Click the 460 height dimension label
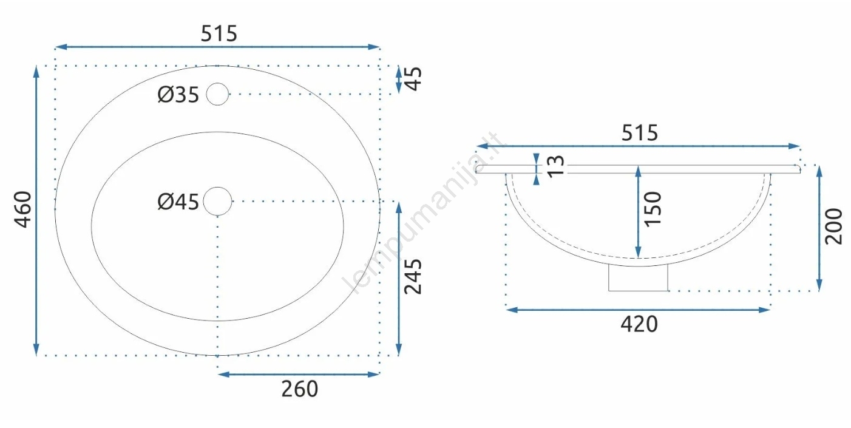23,209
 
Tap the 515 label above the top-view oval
219,33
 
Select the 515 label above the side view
640,133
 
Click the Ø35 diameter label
178,95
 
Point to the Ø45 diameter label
178,202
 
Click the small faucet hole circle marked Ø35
218,83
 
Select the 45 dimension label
413,79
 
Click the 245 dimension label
413,277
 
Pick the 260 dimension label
300,389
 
